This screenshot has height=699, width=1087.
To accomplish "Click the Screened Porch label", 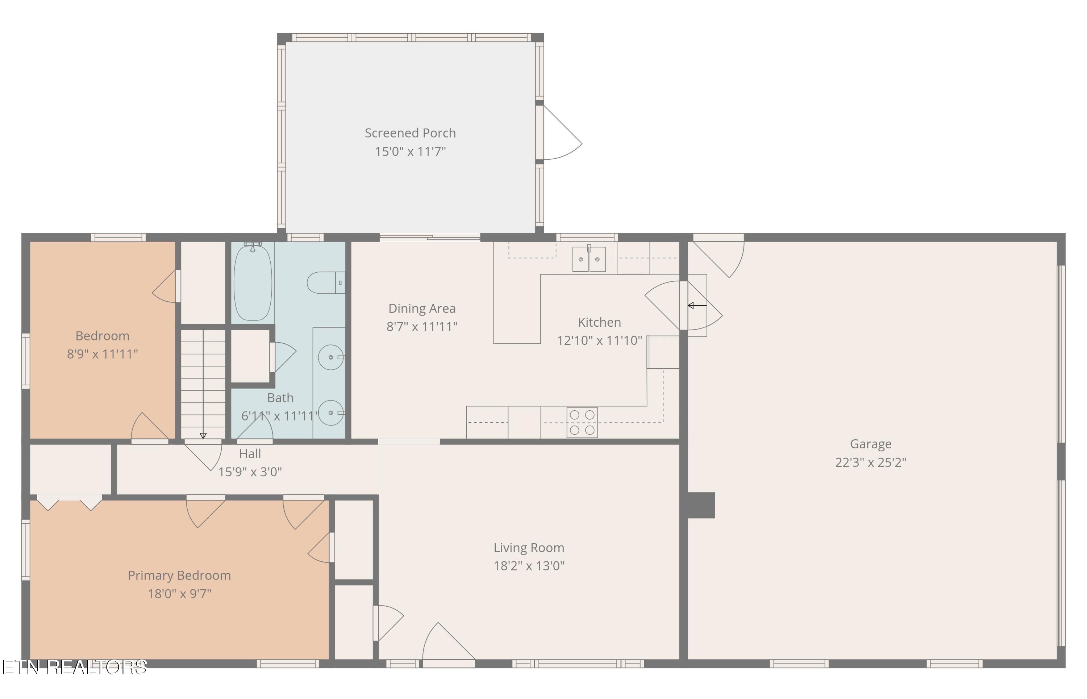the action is [410, 133].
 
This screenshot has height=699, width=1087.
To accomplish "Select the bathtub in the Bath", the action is [253, 282].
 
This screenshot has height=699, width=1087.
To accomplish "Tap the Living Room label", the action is [529, 548].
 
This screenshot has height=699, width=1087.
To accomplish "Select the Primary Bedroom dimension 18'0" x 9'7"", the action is [179, 594].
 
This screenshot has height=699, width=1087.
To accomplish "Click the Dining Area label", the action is [422, 309].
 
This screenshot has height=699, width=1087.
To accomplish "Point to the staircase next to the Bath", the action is [203, 384].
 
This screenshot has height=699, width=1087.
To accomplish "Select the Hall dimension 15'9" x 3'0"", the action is [250, 472].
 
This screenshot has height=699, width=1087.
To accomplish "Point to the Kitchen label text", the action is [599, 322].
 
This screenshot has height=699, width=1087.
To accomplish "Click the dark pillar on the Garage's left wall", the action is [701, 505].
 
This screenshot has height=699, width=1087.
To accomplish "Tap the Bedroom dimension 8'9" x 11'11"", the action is [102, 354].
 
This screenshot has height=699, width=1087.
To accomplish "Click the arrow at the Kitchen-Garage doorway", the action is [697, 305].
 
